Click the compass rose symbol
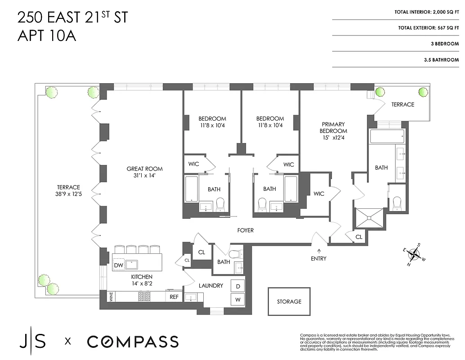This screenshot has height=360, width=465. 415,255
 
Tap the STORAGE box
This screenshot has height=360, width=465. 289,301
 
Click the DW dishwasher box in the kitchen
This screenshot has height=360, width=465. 118,266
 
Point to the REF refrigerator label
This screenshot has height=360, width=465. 174,297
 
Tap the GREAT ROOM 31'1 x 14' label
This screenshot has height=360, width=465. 144,172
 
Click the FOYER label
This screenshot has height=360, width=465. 246,230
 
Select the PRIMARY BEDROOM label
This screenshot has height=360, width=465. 333,130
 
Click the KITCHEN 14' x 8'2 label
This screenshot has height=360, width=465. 142,280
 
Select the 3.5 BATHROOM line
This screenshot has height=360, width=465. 441,60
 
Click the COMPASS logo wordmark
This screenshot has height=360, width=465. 133,342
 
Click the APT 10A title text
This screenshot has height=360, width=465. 47,36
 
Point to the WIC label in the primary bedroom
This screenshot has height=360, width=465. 319,194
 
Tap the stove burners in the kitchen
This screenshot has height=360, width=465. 144,296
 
